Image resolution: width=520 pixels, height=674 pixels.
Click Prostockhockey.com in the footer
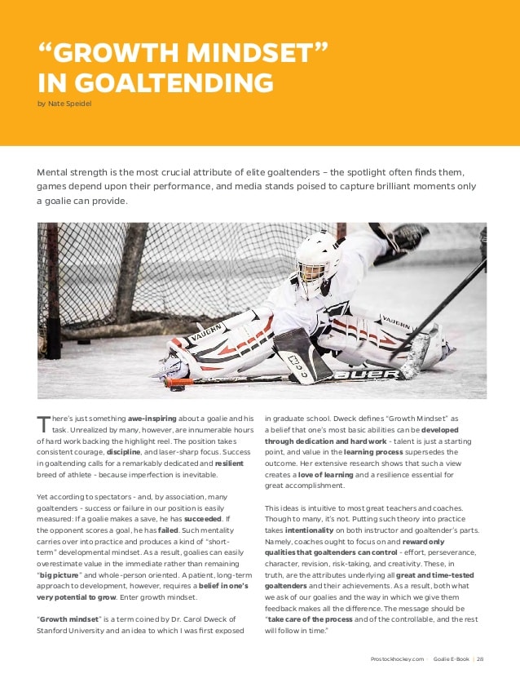396,659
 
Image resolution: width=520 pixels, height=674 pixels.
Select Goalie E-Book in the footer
450,659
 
